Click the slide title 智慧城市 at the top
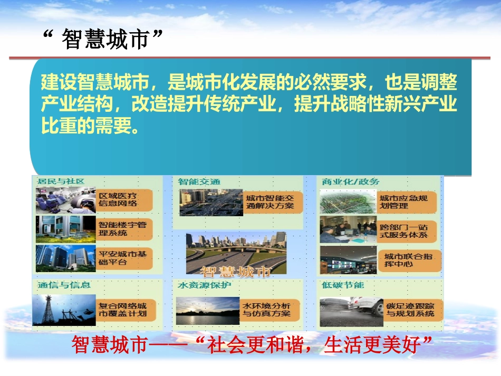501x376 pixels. [x=102, y=40]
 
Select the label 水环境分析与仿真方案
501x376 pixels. [x=269, y=310]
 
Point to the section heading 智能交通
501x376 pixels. [x=199, y=182]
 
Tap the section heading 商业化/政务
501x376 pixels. [x=350, y=182]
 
